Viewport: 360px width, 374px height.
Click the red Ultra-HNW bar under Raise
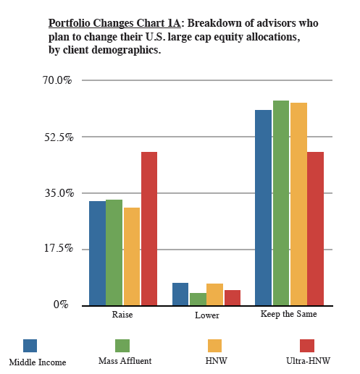tap(149, 229)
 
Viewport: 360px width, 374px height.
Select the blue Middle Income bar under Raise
tap(98, 253)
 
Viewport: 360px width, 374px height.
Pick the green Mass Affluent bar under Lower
tap(198, 299)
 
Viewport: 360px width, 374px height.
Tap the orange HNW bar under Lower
tap(214, 294)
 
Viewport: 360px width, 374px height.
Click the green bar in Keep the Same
tap(281, 203)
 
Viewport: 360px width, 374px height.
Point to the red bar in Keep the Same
tap(315, 229)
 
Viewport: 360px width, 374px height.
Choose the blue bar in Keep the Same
tap(264, 208)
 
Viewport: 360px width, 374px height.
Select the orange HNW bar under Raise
tap(132, 257)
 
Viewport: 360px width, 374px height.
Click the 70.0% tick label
tap(57, 80)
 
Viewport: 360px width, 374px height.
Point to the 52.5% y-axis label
tap(59, 137)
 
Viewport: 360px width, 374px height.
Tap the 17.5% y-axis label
tap(59, 248)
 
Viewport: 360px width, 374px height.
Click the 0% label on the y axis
tap(61, 305)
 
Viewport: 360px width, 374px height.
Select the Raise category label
tap(122, 315)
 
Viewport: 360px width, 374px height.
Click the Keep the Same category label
tap(289, 314)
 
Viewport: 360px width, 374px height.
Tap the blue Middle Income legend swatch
tap(30, 346)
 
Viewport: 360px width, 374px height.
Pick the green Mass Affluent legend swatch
tap(122, 346)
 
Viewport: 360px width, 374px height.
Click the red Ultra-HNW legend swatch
tap(307, 346)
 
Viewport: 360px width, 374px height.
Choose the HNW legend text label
tap(217, 361)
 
